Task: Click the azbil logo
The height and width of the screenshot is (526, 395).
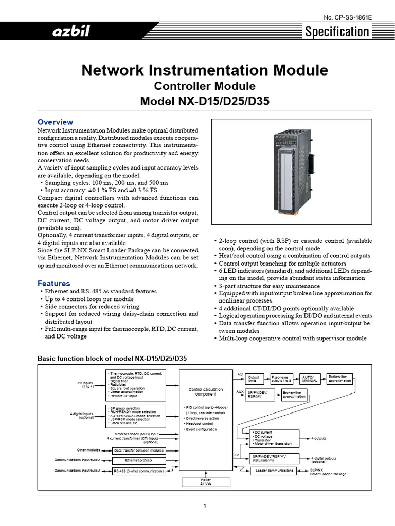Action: point(69,32)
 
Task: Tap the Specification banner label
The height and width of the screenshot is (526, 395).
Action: point(337,32)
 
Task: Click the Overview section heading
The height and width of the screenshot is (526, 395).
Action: point(56,122)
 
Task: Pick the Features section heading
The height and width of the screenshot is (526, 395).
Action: point(54,283)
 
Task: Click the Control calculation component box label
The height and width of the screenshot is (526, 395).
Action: point(206,392)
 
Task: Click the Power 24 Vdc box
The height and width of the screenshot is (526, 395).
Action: point(205,482)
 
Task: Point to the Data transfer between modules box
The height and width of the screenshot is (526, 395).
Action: point(139,450)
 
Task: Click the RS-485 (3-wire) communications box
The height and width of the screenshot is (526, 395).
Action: point(139,471)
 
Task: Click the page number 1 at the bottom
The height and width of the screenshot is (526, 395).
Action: point(205,506)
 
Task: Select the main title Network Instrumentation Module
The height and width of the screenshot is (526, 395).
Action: point(205,70)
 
